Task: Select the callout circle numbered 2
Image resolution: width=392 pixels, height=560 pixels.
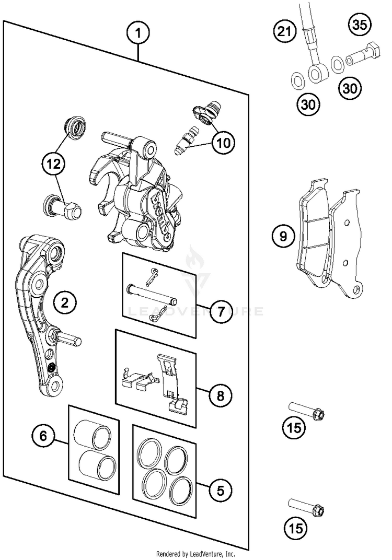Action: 64,302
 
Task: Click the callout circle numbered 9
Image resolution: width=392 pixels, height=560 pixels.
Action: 283,237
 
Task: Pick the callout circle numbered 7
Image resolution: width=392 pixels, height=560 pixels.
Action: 220,312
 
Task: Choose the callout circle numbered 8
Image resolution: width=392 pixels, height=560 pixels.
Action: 220,395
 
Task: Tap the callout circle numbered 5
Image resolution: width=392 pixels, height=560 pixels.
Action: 220,491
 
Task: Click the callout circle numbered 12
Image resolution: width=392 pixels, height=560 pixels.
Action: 54,164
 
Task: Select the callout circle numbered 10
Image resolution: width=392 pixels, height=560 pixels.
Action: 224,142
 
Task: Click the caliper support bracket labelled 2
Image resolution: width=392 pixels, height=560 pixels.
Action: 39,313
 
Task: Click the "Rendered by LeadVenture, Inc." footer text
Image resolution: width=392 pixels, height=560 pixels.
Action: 195,553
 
